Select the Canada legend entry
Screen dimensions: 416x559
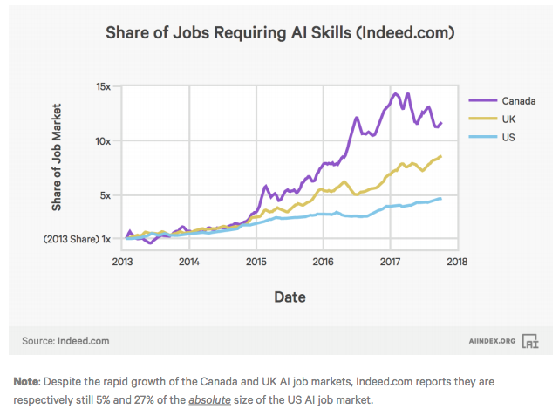(518, 100)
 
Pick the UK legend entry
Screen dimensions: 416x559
(510, 119)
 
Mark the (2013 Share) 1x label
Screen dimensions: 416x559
(76, 238)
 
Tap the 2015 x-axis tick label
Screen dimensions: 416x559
(256, 261)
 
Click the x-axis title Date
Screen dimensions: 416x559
(290, 297)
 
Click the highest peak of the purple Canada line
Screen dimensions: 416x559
(395, 93)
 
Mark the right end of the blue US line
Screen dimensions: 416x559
(440, 199)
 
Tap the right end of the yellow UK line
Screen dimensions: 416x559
(440, 156)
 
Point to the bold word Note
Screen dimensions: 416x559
(28, 382)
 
